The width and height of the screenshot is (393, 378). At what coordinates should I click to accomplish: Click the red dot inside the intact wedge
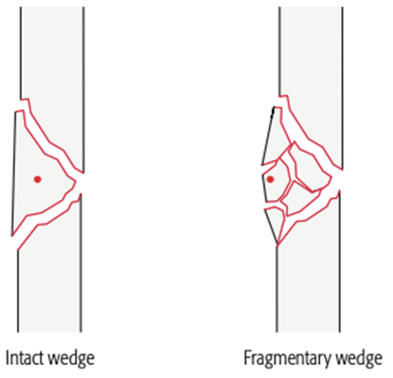tap(38, 179)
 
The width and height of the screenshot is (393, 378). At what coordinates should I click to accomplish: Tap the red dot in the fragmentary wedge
tap(270, 179)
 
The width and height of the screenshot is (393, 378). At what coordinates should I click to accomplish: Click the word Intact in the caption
tap(25, 358)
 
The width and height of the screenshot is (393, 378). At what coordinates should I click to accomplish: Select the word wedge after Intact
tap(70, 359)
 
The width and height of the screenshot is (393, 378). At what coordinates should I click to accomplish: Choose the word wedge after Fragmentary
tap(359, 359)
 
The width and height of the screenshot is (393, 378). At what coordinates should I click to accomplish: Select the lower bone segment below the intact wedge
tap(50, 278)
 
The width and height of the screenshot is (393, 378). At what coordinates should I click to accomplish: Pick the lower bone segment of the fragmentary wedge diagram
tap(310, 278)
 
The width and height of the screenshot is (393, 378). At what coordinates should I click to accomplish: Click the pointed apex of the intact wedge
tap(76, 182)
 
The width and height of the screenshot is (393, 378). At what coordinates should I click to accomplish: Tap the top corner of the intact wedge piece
tap(16, 112)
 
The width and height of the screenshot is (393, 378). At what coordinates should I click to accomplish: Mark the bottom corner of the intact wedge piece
tap(11, 236)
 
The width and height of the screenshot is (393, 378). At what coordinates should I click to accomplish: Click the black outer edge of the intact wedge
tap(13, 173)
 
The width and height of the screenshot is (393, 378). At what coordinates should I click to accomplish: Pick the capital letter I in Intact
tap(8, 358)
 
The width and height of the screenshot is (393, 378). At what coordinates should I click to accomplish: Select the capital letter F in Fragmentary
tap(248, 358)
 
